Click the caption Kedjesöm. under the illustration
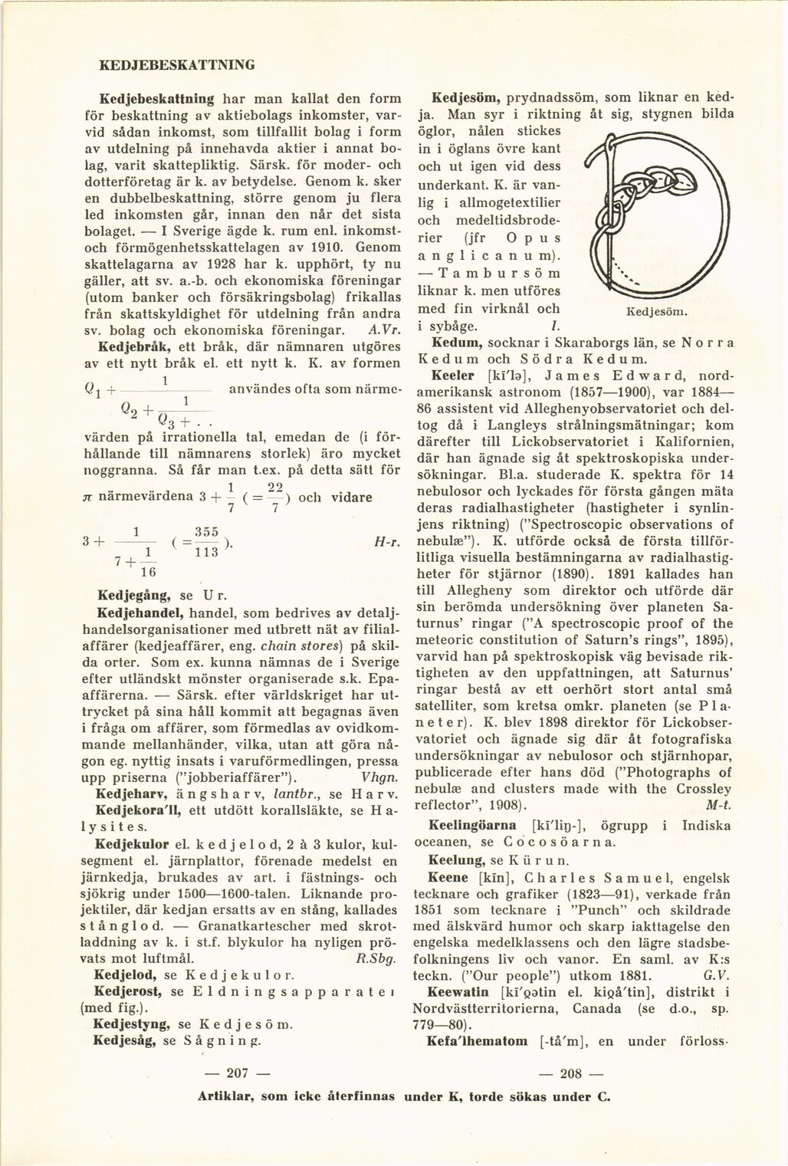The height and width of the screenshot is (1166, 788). [x=657, y=313]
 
